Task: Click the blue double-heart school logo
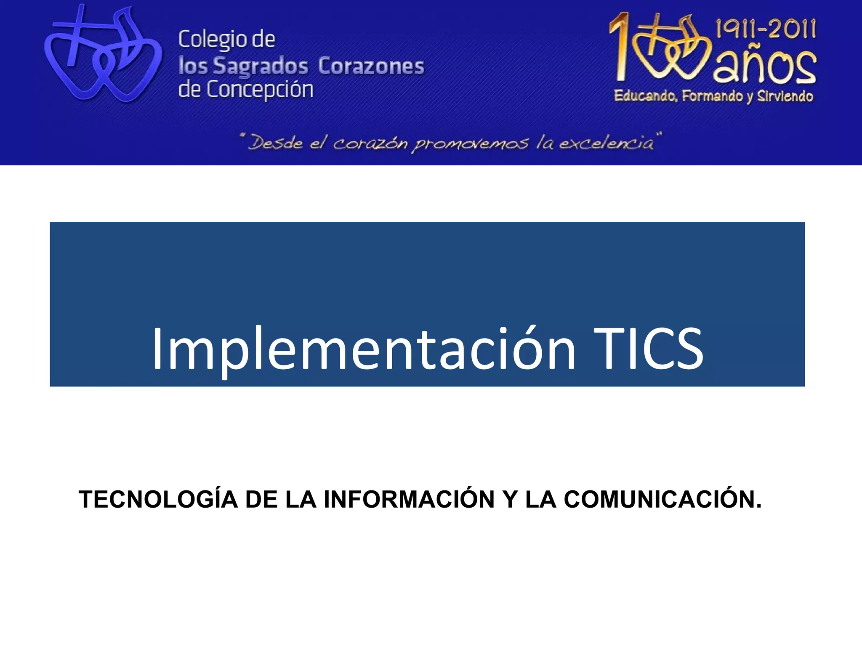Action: click(x=103, y=59)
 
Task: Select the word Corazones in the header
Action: click(x=371, y=66)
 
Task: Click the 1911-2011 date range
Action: click(x=766, y=29)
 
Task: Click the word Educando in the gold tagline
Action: click(x=645, y=96)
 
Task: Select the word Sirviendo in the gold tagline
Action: click(x=785, y=96)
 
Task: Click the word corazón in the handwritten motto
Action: click(x=370, y=144)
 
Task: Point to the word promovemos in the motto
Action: click(x=469, y=144)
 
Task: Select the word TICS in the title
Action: click(x=648, y=349)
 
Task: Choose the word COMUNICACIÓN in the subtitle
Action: click(x=662, y=499)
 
